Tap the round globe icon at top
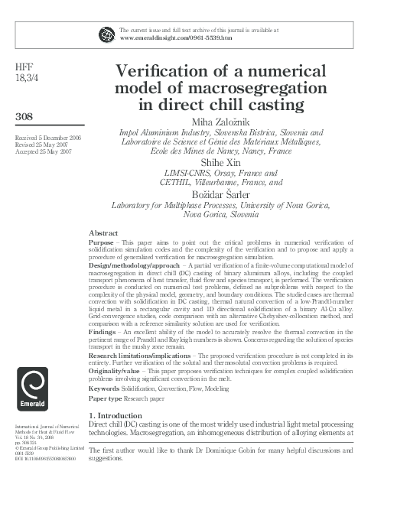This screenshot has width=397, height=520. [x=106, y=34]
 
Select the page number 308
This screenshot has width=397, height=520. [x=27, y=116]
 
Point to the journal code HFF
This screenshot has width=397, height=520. [x=24, y=67]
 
